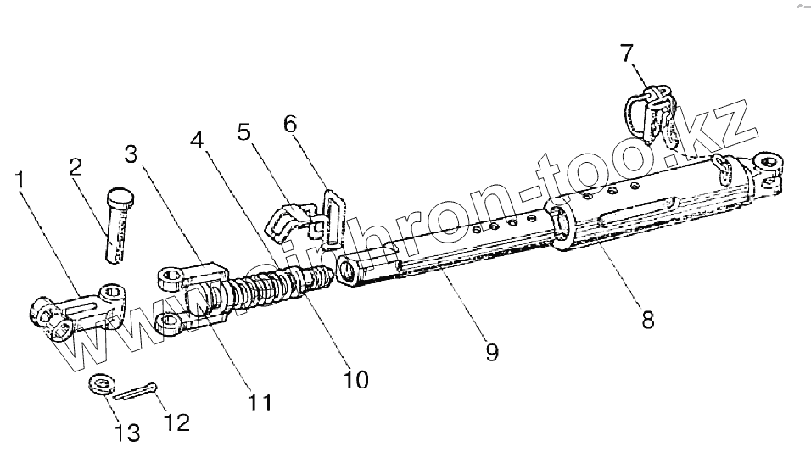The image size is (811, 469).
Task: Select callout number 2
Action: point(76,166)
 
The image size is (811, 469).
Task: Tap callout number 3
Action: point(130,155)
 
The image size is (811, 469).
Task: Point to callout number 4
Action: point(197,138)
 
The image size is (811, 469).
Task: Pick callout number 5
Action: point(244,131)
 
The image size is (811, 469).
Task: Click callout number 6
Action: point(290,123)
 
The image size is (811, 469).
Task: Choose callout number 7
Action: point(626,53)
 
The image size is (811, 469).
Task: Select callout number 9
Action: point(492,349)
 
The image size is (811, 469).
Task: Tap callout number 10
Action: point(356,379)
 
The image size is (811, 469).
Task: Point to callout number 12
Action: point(178,420)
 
